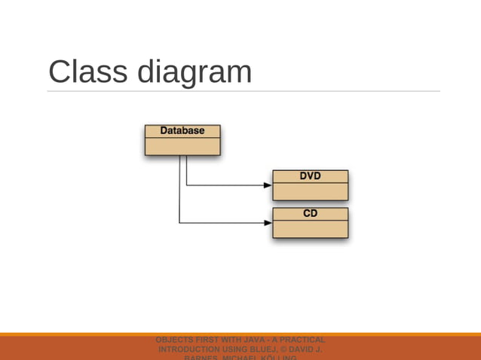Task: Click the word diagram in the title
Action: coord(195,72)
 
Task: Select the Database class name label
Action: coord(182,131)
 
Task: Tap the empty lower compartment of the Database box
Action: coord(182,146)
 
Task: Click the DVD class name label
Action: coord(310,176)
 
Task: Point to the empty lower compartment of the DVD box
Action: coord(310,191)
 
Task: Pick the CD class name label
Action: coord(310,214)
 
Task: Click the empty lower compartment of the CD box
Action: coord(310,229)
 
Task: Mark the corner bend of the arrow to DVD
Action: coord(186,185)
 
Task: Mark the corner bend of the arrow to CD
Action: coord(179,223)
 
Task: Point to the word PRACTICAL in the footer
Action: coord(301,340)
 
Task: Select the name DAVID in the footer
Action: coord(306,350)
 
